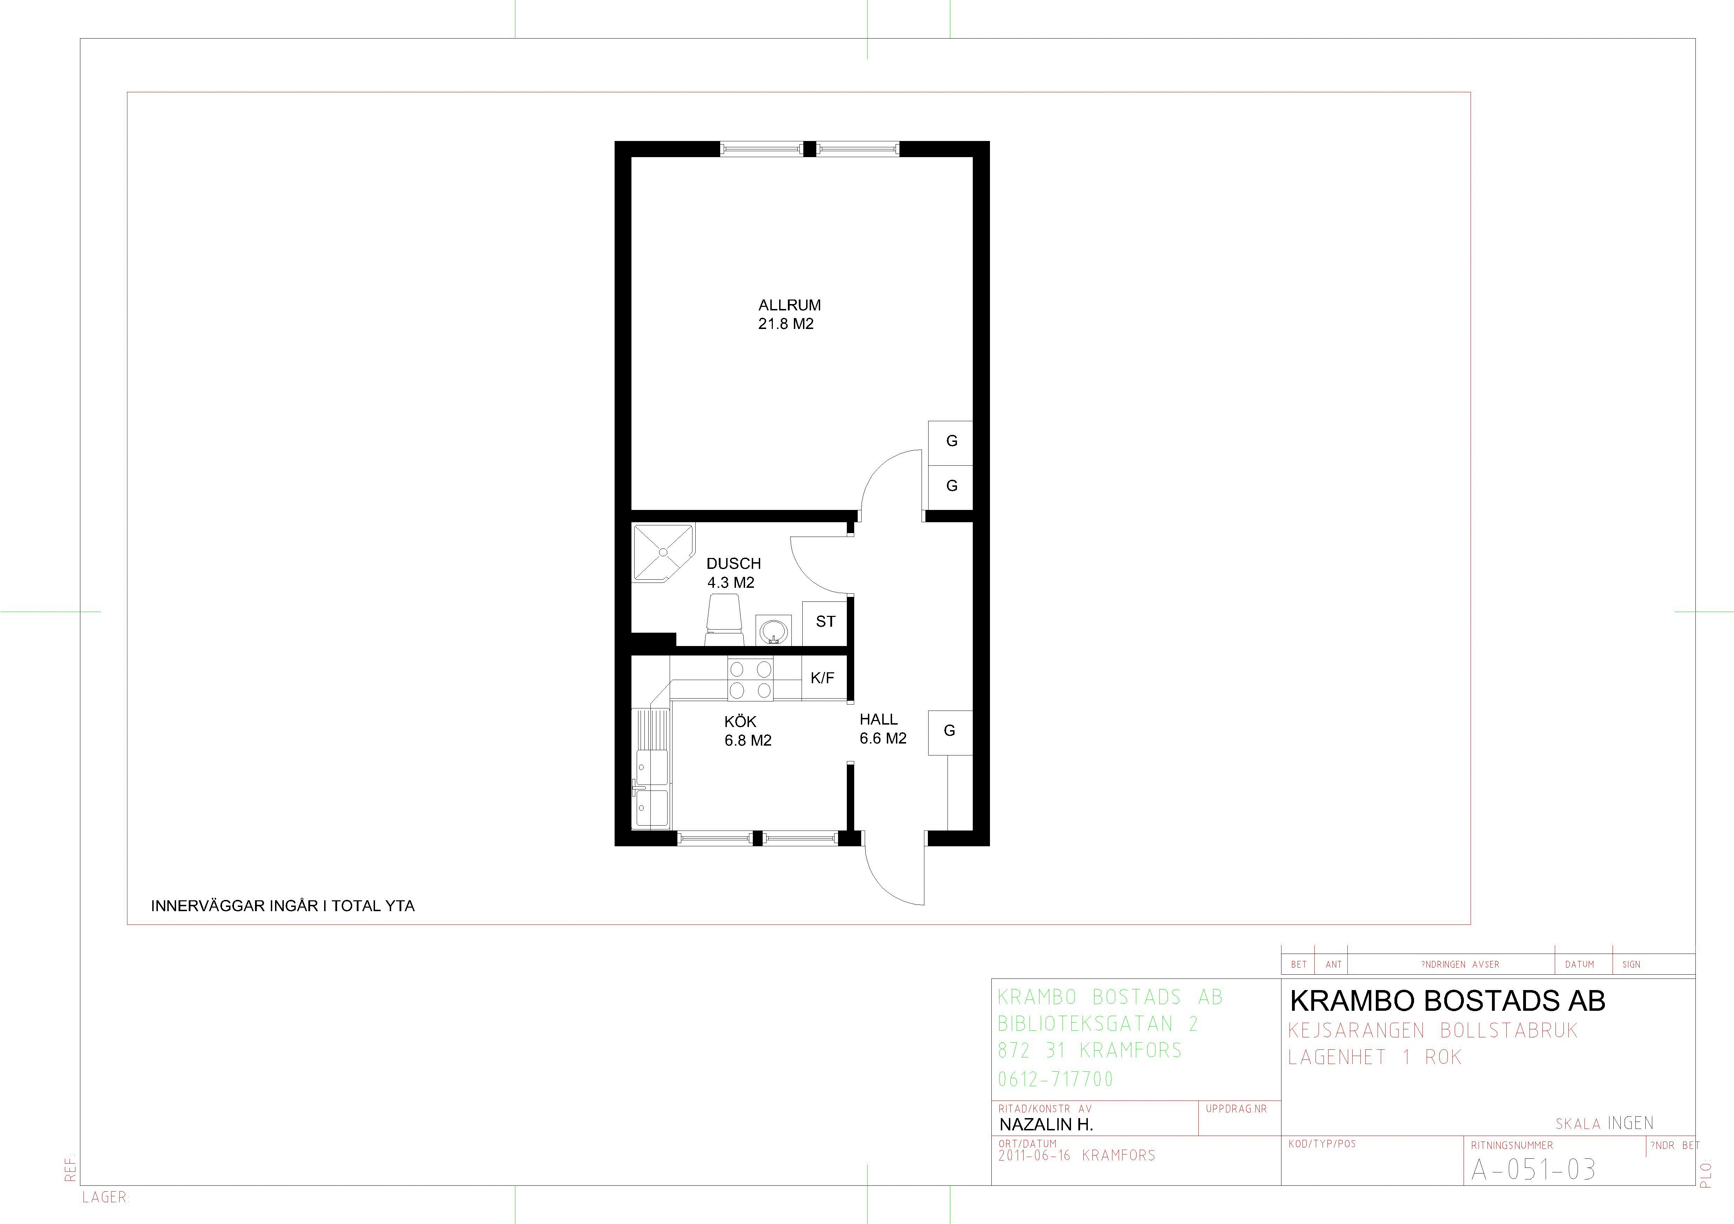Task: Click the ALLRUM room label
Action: click(789, 305)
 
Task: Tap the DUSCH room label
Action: click(733, 563)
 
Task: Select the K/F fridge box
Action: click(822, 678)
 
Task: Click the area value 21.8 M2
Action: click(785, 324)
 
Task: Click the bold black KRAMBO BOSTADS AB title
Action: click(1447, 1001)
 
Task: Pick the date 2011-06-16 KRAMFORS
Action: click(1076, 1155)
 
